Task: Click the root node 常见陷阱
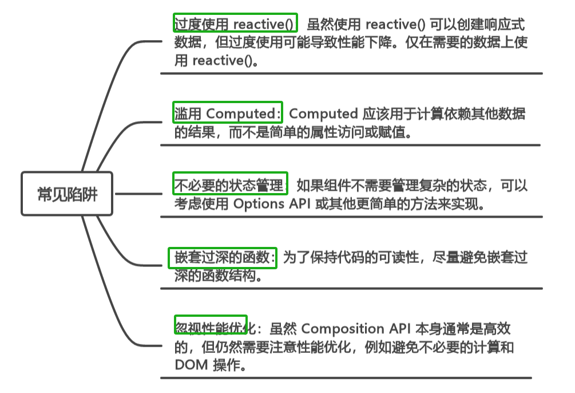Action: coord(68,194)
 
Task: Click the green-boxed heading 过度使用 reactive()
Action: coord(235,24)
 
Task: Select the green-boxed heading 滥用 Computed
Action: coord(228,113)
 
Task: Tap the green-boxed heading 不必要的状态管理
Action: coord(229,185)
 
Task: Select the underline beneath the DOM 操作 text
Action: coord(346,378)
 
